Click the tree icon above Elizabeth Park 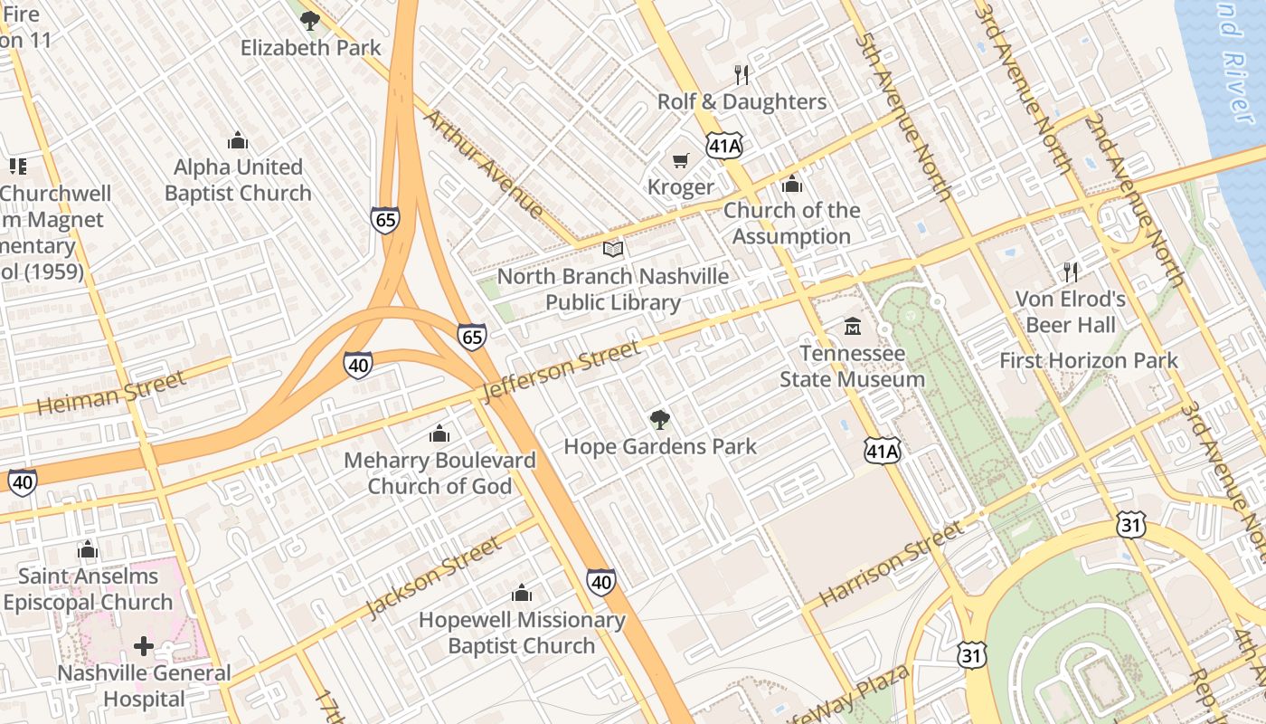point(310,20)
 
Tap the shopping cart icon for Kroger point(681,160)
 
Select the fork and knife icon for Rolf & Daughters point(742,74)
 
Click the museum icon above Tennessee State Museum point(852,326)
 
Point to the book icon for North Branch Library point(613,249)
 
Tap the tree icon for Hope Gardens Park point(660,419)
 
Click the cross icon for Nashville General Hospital point(144,646)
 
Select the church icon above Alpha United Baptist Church point(238,140)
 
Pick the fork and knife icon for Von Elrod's point(1071,271)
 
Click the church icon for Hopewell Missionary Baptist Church point(522,593)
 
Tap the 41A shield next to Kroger point(725,145)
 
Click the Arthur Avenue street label point(484,164)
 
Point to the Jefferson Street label point(562,370)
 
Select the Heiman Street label point(111,392)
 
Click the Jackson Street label point(433,577)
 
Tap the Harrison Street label point(892,564)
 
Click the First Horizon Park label point(1088,360)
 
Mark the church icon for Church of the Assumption point(792,184)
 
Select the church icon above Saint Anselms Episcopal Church point(88,549)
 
